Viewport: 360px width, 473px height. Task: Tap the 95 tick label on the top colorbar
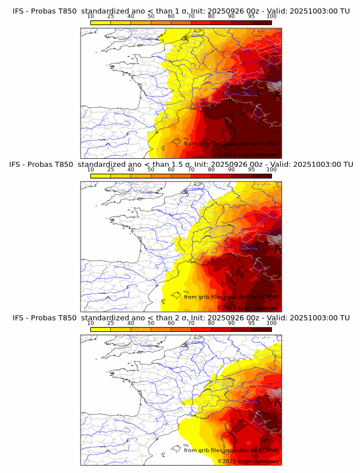[x=251, y=15]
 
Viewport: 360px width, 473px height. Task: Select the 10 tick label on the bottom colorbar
[x=91, y=323]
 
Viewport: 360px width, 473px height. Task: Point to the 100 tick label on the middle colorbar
[x=271, y=170]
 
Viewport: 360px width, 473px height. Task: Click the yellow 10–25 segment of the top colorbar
[x=101, y=22]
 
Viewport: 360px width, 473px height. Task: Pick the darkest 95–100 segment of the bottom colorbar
[x=262, y=330]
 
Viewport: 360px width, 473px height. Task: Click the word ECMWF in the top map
[x=269, y=143]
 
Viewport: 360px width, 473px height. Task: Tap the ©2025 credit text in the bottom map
[x=226, y=461]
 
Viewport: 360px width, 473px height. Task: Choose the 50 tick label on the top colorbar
[x=151, y=15]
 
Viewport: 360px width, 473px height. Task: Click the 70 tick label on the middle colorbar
[x=191, y=170]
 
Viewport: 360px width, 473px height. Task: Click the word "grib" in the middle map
[x=206, y=297]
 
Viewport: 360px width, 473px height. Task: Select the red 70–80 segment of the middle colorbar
[x=201, y=176]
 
